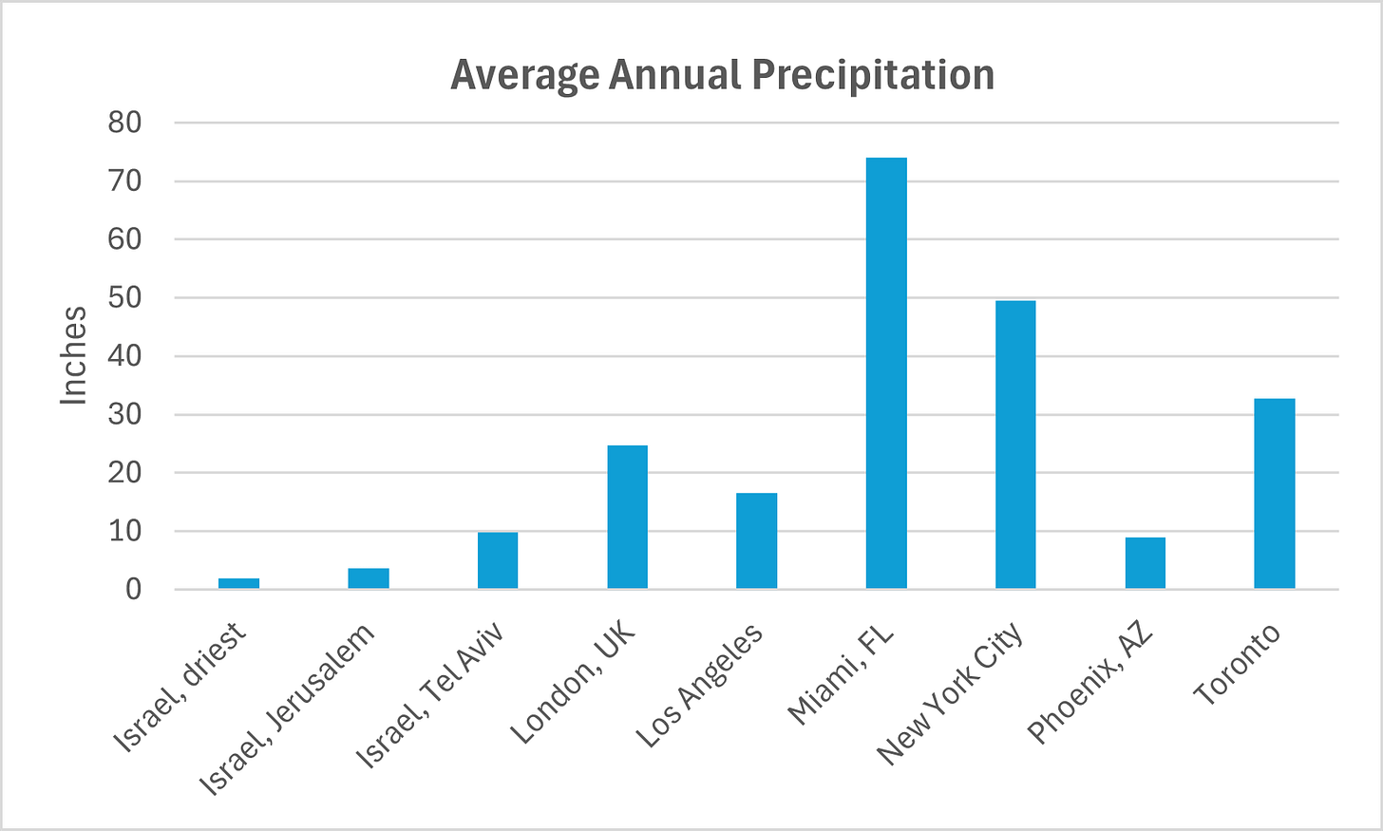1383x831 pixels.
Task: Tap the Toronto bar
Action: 1274,494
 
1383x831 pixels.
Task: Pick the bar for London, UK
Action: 627,517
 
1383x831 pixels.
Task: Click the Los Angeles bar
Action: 756,540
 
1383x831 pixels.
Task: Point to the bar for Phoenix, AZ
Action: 1145,563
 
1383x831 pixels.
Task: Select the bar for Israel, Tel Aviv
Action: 498,560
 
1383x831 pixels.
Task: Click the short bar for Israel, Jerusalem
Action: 369,578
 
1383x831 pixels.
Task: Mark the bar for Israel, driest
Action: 238,583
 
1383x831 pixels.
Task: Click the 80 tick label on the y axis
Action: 124,123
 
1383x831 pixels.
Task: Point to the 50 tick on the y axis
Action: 124,297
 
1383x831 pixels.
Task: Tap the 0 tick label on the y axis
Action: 133,590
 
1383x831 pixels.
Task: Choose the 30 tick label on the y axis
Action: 124,414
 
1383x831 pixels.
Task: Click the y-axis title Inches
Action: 74,356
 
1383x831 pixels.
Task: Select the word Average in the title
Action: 524,75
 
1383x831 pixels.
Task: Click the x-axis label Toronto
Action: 1237,665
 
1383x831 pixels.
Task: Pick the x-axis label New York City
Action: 949,693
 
